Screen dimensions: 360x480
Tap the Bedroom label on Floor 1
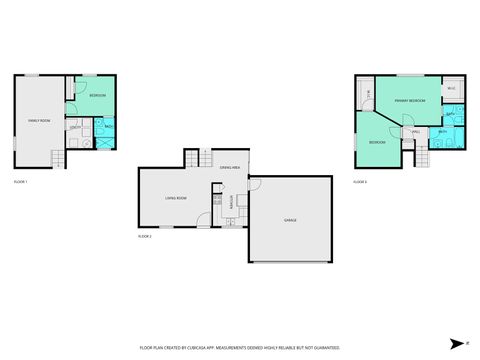97,96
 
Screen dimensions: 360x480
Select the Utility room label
75,127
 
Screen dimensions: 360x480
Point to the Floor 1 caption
20,182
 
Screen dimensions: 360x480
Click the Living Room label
176,198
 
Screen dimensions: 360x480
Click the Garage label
291,220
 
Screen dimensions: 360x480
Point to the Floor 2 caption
145,236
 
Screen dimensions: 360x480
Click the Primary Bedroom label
409,101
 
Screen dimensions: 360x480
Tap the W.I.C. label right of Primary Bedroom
452,89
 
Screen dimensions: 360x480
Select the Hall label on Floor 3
414,131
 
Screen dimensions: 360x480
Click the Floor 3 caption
360,182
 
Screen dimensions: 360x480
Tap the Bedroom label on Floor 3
377,143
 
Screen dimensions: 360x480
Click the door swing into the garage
254,185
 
